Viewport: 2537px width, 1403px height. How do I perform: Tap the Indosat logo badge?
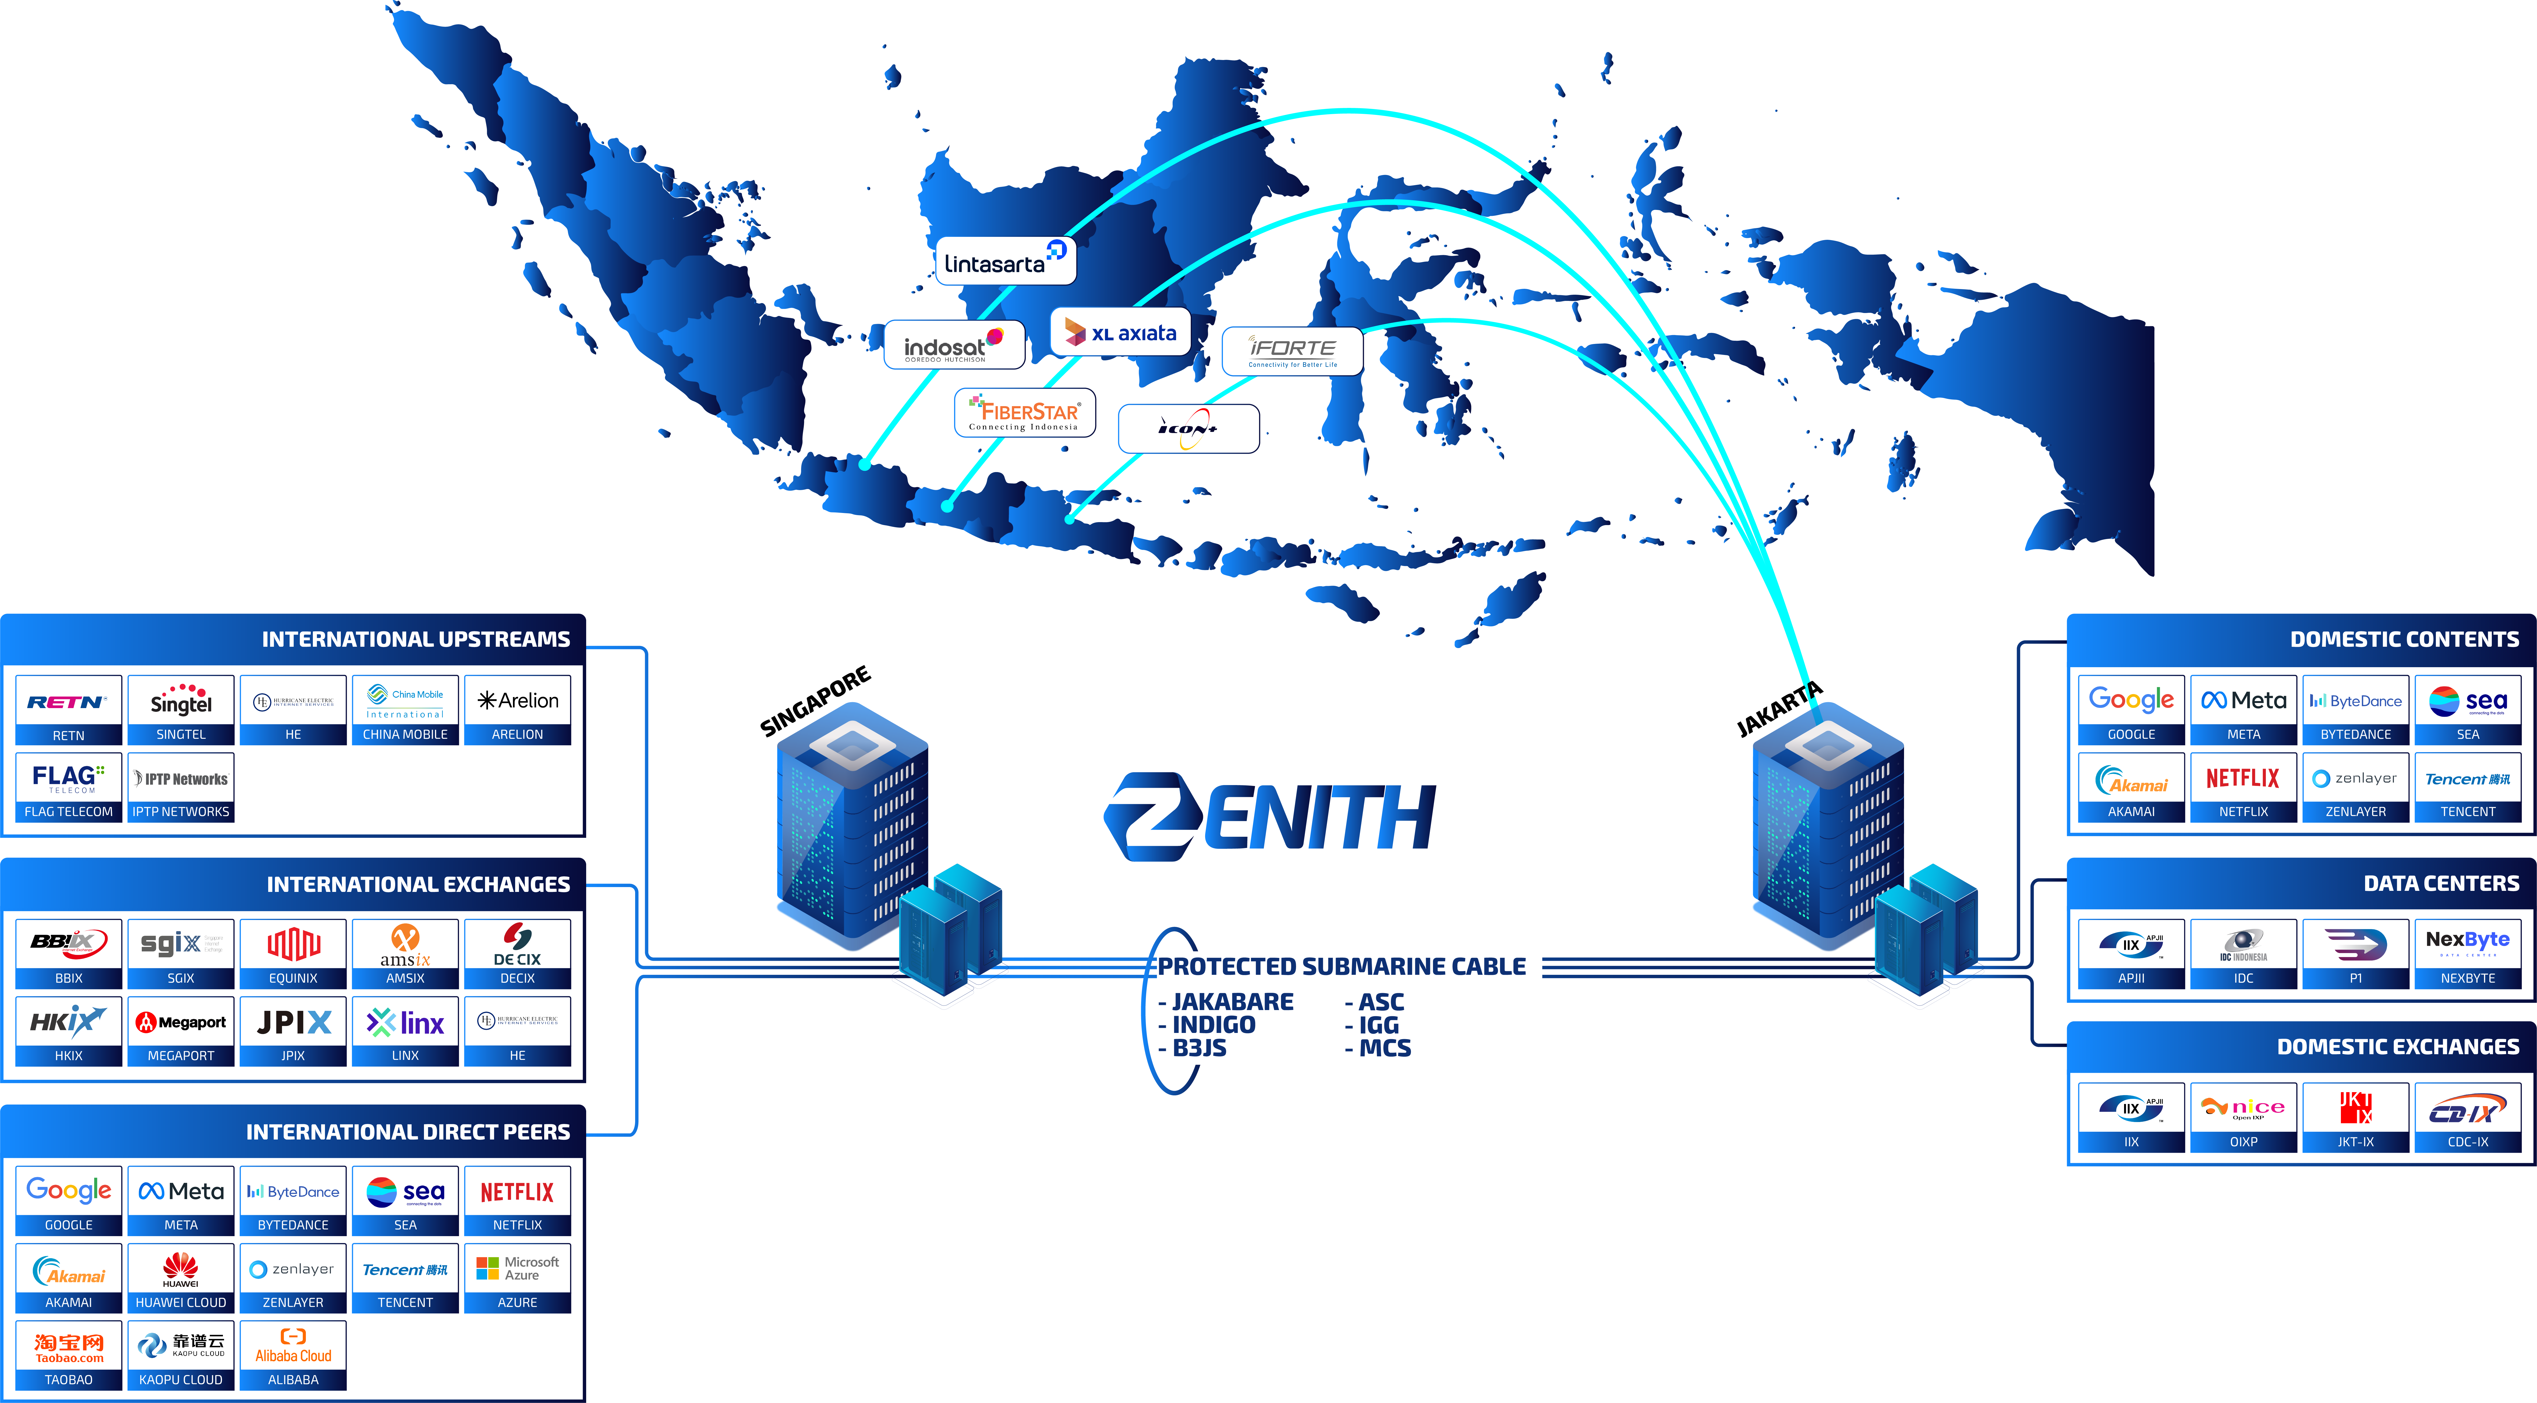[x=953, y=345]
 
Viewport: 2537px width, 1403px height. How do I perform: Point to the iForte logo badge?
[x=1292, y=351]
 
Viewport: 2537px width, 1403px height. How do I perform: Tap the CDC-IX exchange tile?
[x=2468, y=1116]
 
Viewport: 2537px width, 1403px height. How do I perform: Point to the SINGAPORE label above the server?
[x=815, y=701]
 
